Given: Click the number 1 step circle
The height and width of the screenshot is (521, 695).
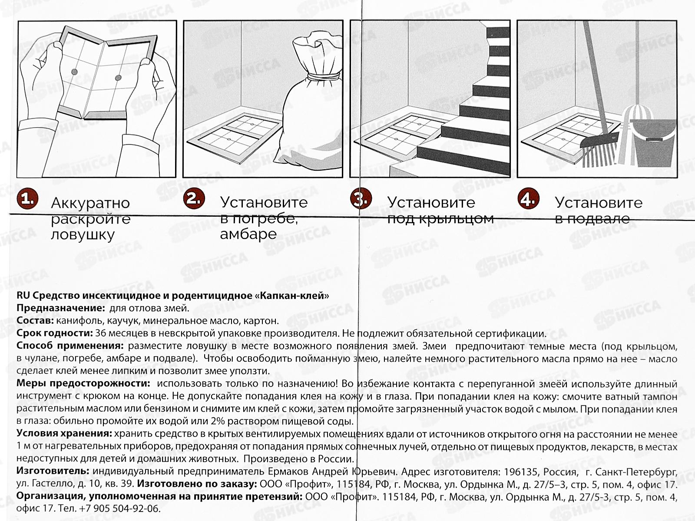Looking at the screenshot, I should tap(27, 199).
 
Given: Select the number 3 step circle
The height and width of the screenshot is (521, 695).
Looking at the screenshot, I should tap(361, 199).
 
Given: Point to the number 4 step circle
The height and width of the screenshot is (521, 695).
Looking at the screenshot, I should tap(528, 199).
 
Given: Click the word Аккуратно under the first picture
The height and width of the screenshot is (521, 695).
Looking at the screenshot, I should tap(90, 203).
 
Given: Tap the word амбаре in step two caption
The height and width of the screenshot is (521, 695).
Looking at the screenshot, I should tap(248, 234).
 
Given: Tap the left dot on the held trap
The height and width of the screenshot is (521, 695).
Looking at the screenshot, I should tap(74, 72).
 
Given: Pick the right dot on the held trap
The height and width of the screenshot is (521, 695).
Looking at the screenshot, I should tap(118, 78).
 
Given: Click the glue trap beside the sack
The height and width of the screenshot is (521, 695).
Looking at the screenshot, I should tap(235, 135).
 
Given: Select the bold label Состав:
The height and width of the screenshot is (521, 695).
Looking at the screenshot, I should tap(35, 321).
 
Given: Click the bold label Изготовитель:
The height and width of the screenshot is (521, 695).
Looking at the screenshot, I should tap(53, 472).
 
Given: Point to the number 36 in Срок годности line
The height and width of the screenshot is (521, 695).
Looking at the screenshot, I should tap(100, 333).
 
